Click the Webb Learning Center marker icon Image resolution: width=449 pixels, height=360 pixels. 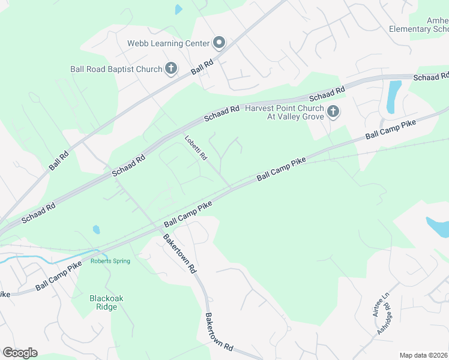[219, 43]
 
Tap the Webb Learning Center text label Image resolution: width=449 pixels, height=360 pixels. [168, 43]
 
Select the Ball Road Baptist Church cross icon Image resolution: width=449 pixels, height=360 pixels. [171, 69]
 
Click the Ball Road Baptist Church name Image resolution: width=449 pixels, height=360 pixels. [124, 70]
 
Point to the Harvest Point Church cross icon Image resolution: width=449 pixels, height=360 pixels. [334, 112]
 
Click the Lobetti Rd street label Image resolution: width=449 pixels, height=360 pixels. [196, 148]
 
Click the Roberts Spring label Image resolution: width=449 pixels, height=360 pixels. [110, 261]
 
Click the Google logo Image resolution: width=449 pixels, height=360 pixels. [20, 352]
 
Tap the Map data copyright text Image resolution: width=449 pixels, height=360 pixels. [423, 355]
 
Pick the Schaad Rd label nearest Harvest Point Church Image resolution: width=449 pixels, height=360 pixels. [327, 94]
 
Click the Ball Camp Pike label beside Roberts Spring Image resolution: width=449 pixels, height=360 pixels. [58, 277]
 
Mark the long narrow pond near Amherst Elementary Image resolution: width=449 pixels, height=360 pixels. [394, 96]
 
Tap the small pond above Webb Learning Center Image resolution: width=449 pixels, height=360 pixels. [178, 10]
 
